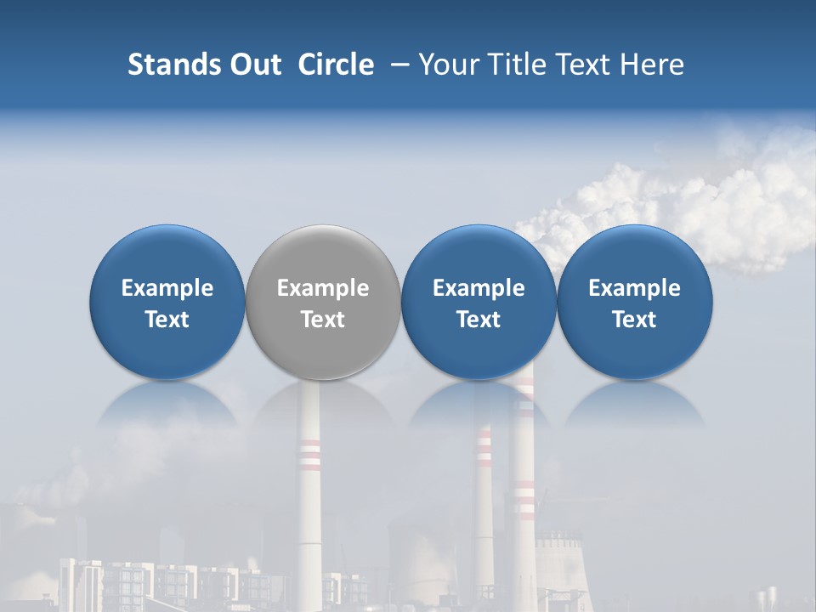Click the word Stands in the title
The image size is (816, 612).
click(170, 65)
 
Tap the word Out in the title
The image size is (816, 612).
click(253, 65)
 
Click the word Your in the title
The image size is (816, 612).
click(447, 65)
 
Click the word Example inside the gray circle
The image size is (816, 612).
click(323, 288)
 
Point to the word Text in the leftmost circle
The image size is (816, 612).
click(167, 320)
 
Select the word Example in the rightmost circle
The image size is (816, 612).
click(635, 288)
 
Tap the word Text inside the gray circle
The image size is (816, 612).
click(323, 320)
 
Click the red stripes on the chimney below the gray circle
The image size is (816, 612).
click(309, 455)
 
